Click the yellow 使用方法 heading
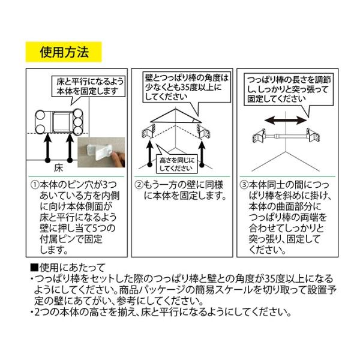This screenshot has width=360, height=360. [64, 52]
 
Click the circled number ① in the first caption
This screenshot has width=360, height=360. [36, 185]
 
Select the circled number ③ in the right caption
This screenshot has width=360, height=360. [243, 185]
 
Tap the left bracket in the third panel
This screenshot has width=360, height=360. [259, 137]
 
